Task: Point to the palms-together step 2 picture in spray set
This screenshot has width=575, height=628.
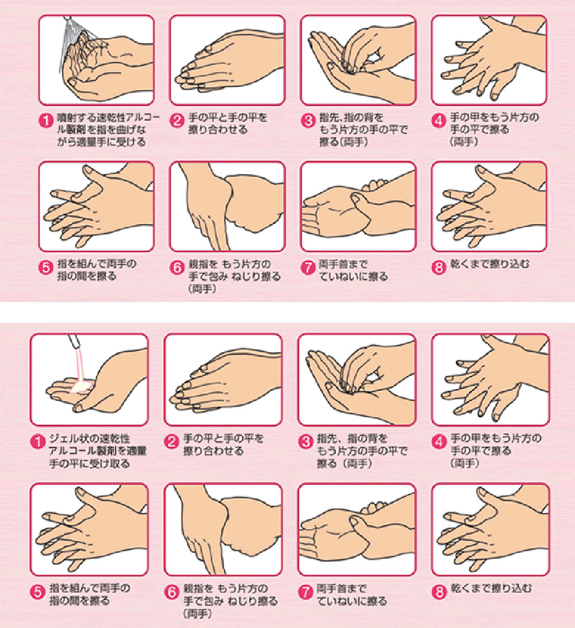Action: (x=227, y=59)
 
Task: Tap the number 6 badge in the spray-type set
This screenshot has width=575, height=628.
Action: (x=178, y=267)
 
